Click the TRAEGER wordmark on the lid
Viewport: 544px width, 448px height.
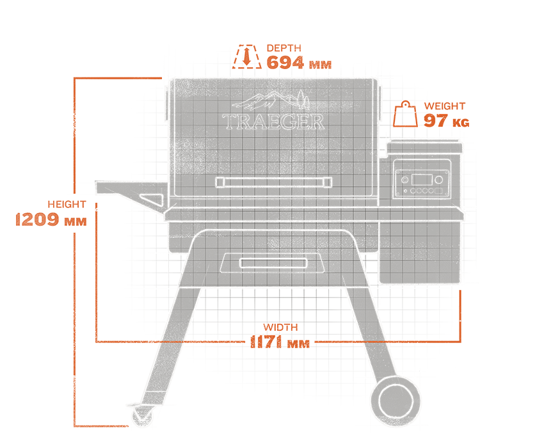coord(273,122)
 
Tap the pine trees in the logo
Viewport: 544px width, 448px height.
coord(302,99)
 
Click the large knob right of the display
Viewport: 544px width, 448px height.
coord(440,179)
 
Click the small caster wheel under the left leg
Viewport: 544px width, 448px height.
coord(141,417)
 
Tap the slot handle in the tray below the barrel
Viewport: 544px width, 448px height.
coord(269,263)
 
